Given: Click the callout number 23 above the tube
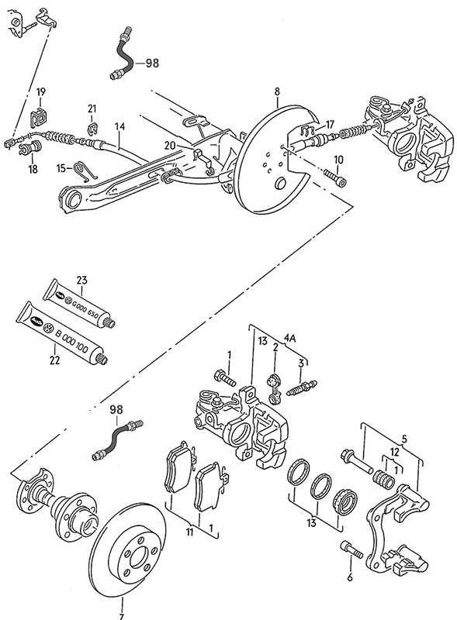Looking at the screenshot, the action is point(81,281).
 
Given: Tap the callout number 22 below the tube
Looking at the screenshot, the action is point(54,360).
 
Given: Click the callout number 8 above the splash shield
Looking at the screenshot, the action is point(277,91).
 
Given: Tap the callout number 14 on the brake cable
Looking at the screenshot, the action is point(119,126).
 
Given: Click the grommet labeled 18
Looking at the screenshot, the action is point(30,148).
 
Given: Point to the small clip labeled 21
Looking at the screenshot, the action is point(92,127).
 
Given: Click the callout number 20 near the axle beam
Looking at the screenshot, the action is point(170,146).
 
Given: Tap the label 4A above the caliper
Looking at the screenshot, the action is point(289,338).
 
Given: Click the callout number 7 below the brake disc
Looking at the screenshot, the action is point(121,616).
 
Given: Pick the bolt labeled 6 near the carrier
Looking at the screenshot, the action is point(351,549).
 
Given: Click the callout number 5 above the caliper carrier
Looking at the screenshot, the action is point(404,438).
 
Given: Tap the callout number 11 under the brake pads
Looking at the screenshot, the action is point(189,532).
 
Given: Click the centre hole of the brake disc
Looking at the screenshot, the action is point(139,557).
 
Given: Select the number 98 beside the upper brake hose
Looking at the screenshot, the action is point(152,63).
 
